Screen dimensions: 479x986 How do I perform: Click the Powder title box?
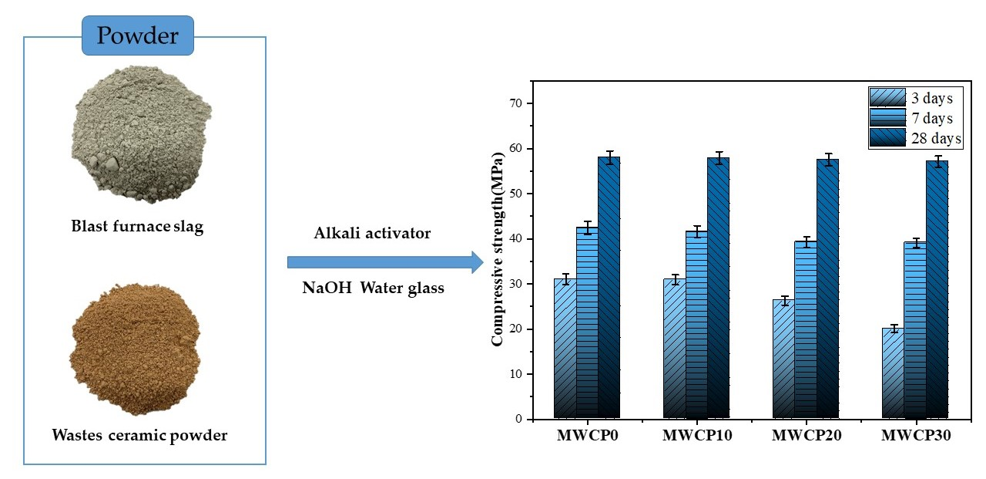tap(138, 35)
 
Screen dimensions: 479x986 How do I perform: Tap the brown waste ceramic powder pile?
tap(135, 348)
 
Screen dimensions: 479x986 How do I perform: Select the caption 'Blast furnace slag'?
tap(137, 228)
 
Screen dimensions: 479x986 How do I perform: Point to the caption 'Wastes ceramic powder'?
tap(139, 436)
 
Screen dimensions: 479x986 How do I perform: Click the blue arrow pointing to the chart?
tap(384, 262)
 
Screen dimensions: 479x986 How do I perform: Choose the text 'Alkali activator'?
tap(372, 233)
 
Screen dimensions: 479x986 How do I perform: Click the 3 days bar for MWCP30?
tap(893, 373)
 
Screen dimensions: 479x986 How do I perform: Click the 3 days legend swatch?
tap(885, 98)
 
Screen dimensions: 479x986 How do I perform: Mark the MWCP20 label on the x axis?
tap(807, 436)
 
